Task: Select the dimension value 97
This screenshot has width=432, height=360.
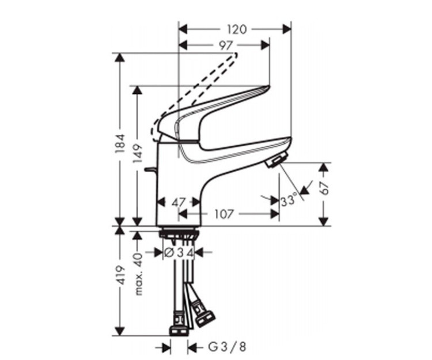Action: (x=225, y=46)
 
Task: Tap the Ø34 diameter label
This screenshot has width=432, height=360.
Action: (x=179, y=252)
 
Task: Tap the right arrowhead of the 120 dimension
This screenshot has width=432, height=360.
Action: (x=287, y=29)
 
